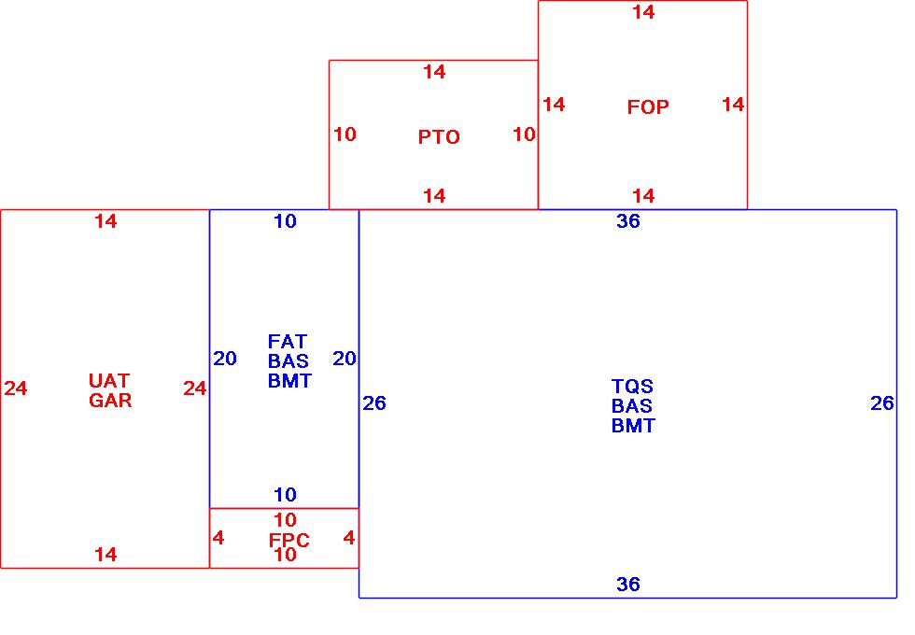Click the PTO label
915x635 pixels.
(x=439, y=137)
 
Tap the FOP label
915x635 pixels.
(x=648, y=107)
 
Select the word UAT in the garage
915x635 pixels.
(x=109, y=381)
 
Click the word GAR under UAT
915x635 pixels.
(x=110, y=401)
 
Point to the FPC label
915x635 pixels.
(x=289, y=541)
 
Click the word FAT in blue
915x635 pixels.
(x=288, y=342)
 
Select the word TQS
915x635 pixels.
(x=632, y=387)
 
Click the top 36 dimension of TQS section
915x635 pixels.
(x=628, y=221)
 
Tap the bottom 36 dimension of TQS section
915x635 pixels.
(x=628, y=585)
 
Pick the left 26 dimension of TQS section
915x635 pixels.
(x=373, y=403)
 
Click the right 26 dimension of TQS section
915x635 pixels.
(x=882, y=403)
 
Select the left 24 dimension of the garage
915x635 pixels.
(x=16, y=388)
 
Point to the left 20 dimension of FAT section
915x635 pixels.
(x=225, y=359)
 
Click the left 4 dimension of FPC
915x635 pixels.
(x=218, y=538)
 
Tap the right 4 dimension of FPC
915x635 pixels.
(x=349, y=538)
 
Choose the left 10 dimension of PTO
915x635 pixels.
(x=345, y=134)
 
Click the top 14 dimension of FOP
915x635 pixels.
(x=643, y=12)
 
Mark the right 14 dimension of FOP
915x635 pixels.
(x=733, y=105)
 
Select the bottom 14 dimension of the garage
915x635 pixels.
(x=106, y=555)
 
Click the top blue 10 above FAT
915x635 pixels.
(x=285, y=221)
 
